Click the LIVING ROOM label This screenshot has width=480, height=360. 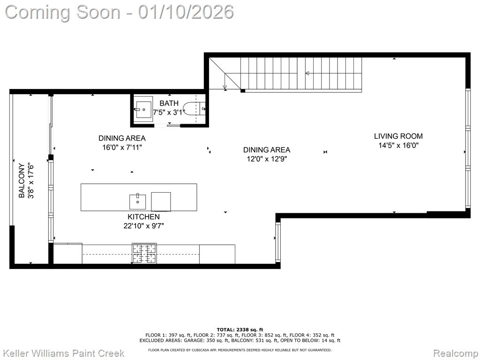coord(398,136)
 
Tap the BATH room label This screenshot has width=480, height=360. coord(169,104)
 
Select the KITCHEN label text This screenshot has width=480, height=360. coord(143,217)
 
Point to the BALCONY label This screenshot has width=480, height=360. coord(22,180)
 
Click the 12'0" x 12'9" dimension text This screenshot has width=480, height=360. coord(267,159)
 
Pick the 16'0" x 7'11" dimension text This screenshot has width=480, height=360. coord(122,148)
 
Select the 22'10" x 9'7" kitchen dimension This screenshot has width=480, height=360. coord(143,226)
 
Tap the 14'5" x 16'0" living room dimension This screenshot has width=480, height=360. coord(398,145)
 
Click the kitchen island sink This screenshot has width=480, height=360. coord(137,202)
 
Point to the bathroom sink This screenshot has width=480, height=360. coord(143,110)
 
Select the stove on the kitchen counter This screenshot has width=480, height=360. coord(144,254)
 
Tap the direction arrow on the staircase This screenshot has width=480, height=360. coord(307,73)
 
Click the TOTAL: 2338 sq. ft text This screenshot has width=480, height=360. coord(240,330)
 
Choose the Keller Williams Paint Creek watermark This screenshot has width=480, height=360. coord(65,353)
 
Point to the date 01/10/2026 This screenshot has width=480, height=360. coord(186,12)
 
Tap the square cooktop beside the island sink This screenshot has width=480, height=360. coord(161,202)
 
